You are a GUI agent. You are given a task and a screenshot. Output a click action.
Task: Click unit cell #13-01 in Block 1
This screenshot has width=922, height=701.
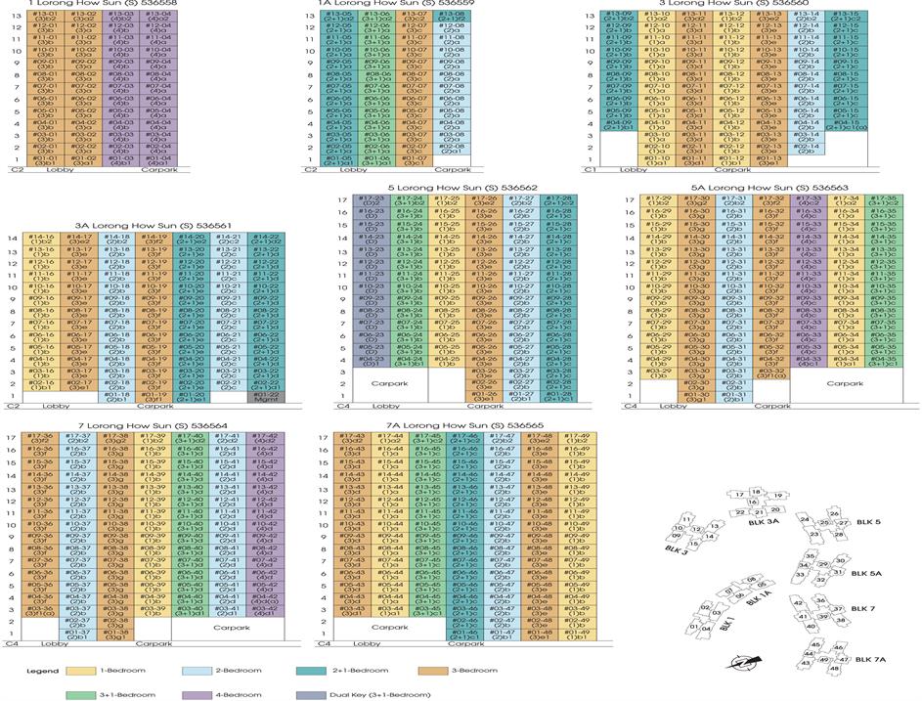point(46,19)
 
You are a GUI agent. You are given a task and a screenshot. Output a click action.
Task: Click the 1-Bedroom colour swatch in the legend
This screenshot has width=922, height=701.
point(81,670)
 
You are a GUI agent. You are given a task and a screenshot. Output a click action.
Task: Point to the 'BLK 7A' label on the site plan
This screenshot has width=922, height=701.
point(869,659)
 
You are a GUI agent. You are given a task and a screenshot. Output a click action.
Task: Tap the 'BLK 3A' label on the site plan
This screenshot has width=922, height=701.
point(762,522)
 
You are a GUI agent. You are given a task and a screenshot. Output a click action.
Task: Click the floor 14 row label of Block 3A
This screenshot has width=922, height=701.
point(13,239)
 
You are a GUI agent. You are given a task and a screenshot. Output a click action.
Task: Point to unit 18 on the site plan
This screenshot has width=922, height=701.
point(756,493)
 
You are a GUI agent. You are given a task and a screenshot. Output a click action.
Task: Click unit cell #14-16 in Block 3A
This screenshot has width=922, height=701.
point(41,239)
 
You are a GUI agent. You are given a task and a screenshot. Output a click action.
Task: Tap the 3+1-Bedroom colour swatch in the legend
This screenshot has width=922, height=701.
point(81,694)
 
